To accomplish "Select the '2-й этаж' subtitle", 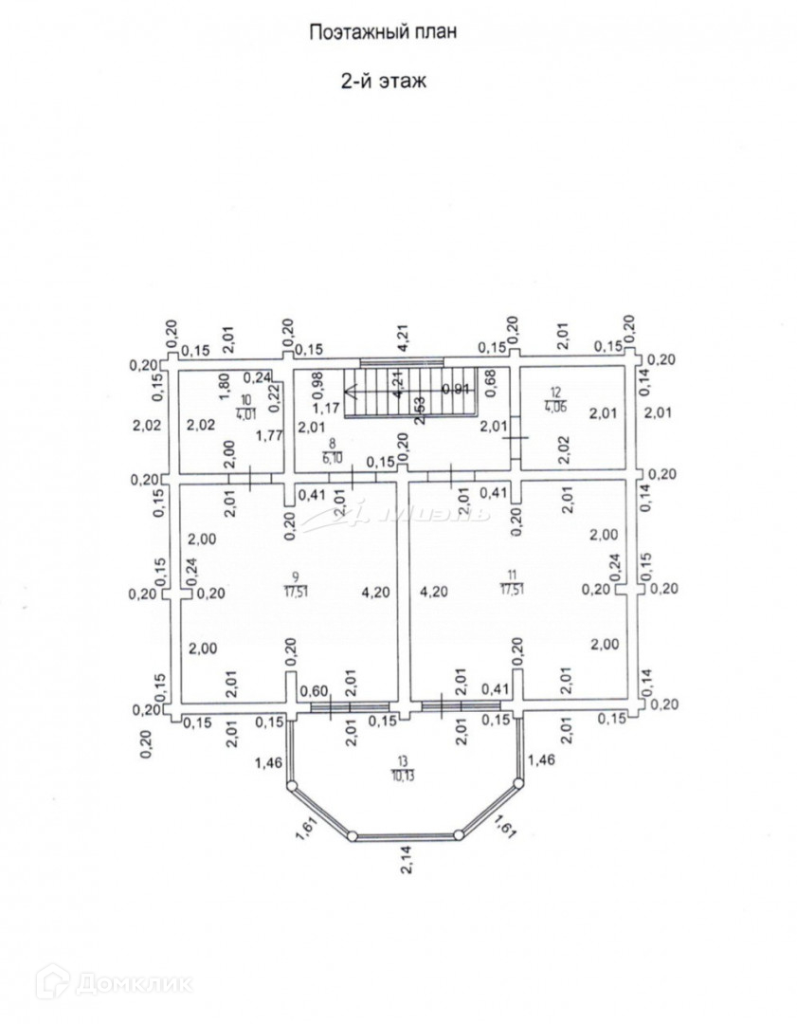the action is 383,82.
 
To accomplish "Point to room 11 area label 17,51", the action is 513,589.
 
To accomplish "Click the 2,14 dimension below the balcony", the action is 404,866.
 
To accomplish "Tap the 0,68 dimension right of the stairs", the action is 490,383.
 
